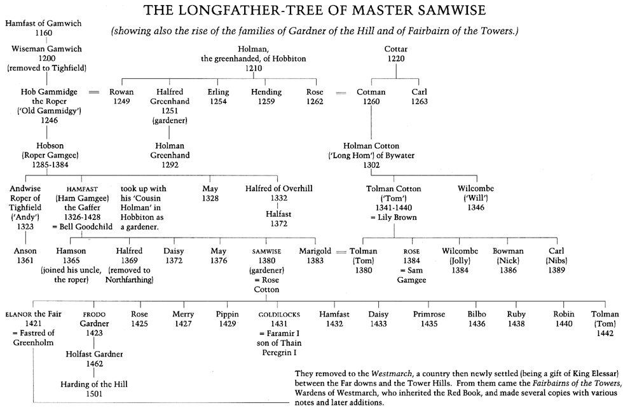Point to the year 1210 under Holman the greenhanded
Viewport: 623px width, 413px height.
click(x=254, y=68)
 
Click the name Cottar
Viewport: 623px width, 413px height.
click(x=396, y=49)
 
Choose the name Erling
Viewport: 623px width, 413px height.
click(x=219, y=92)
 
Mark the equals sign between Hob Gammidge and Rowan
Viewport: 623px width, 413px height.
click(x=94, y=93)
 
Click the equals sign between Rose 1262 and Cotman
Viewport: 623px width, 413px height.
click(x=341, y=93)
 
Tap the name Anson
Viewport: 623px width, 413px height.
click(x=26, y=251)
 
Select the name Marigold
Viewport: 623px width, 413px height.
click(x=315, y=251)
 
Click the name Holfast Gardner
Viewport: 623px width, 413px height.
click(x=94, y=354)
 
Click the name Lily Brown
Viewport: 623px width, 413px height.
click(x=397, y=217)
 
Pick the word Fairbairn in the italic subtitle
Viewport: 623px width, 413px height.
click(x=438, y=31)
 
